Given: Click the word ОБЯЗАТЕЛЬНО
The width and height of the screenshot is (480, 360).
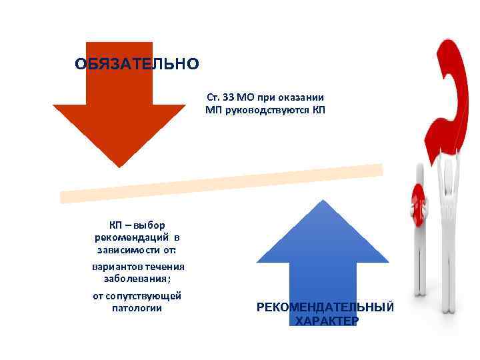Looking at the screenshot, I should (x=137, y=64).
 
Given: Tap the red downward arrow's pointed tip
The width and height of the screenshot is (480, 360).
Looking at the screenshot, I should (x=119, y=164).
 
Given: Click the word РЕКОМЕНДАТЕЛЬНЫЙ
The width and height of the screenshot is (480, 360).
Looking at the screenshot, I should (x=325, y=307).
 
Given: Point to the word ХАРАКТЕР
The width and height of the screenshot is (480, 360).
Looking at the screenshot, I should (x=327, y=321).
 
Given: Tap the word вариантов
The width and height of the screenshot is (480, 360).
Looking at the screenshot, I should (x=115, y=267).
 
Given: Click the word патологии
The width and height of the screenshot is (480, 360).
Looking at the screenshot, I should (x=137, y=308).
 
